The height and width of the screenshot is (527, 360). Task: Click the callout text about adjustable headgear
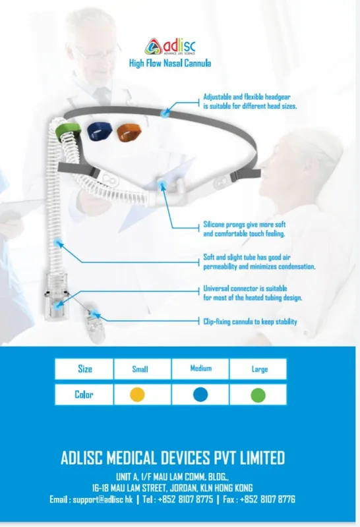[x=250, y=101]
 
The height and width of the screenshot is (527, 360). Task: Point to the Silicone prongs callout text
[x=244, y=229]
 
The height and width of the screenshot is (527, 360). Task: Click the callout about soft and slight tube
[x=259, y=262]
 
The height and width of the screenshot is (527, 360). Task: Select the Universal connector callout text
[x=253, y=293]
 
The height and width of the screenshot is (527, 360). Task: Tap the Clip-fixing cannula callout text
[x=250, y=321]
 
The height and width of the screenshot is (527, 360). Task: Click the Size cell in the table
[x=84, y=369]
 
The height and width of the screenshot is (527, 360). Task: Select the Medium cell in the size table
[x=200, y=369]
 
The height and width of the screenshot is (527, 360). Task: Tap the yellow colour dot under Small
[x=137, y=395]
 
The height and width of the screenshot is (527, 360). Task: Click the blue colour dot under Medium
[x=200, y=395]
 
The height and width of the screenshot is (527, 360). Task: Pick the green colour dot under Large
[x=256, y=395]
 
